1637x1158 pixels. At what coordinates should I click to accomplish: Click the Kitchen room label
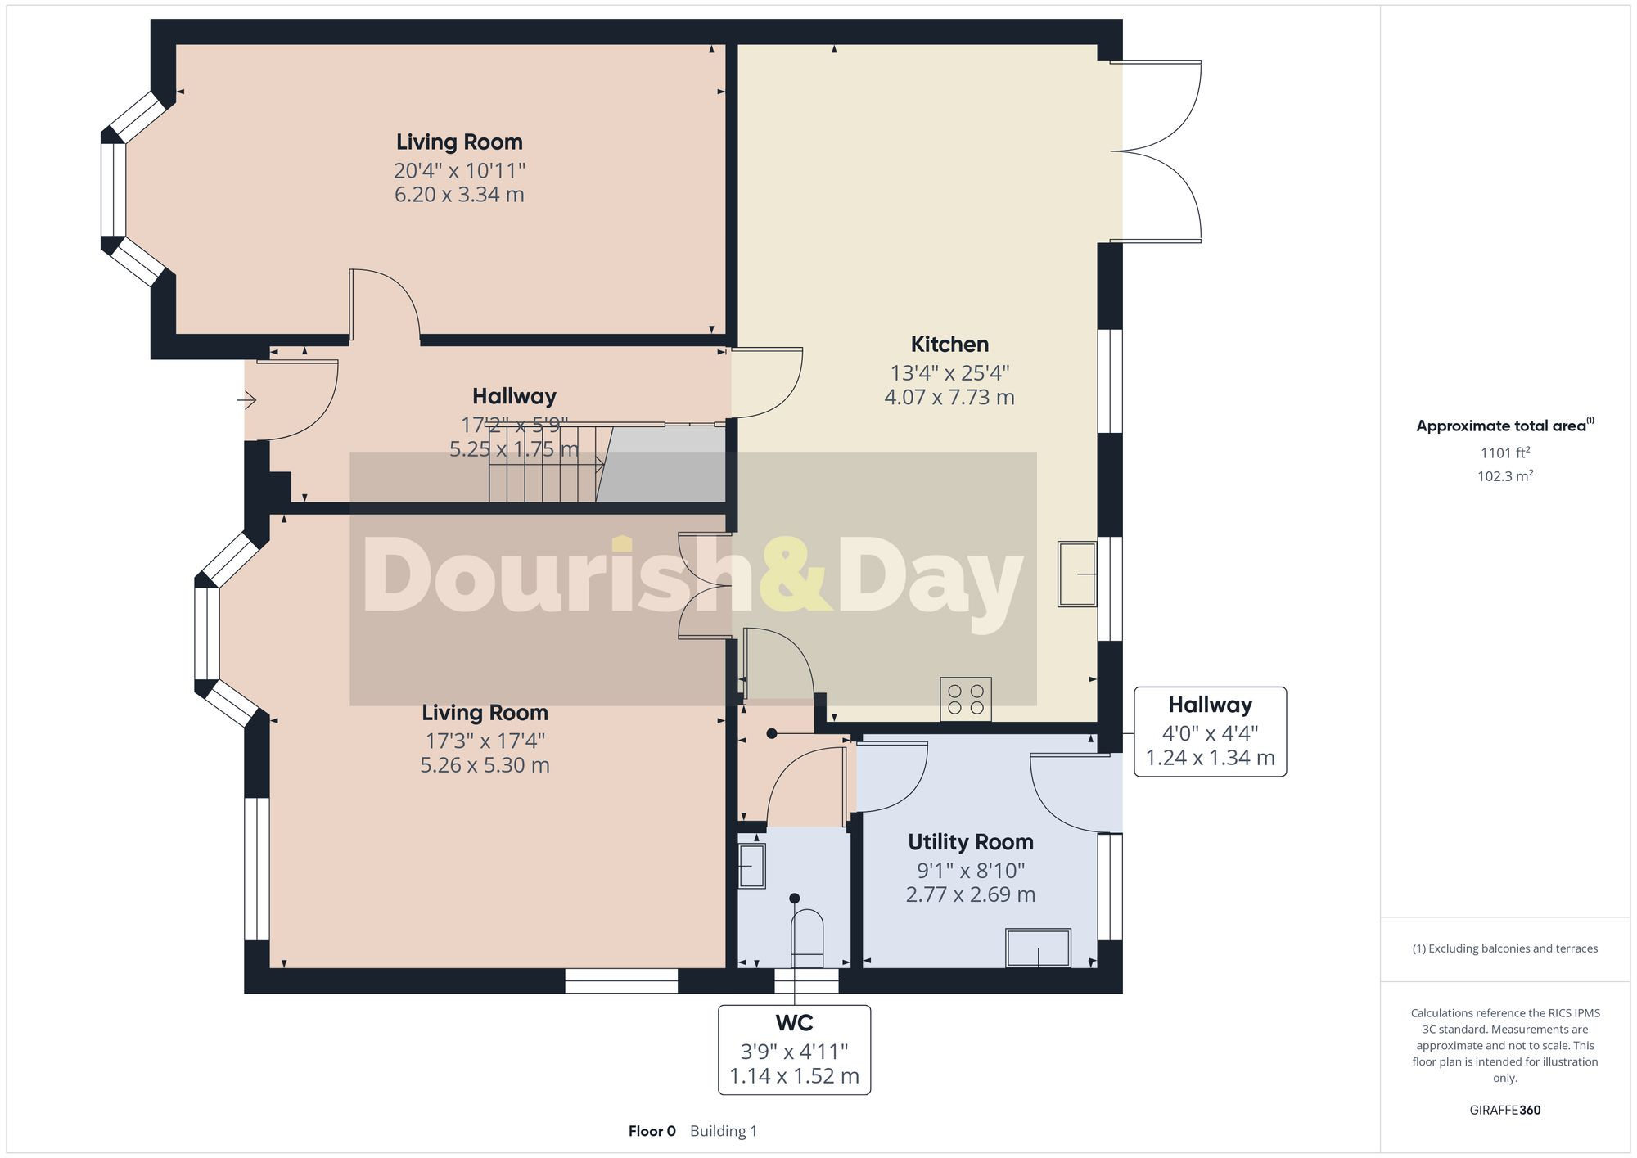949,345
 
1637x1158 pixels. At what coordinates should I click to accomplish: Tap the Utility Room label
970,842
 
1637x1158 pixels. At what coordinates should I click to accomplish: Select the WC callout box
794,1049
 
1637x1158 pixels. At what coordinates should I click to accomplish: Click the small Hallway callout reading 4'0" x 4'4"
1210,732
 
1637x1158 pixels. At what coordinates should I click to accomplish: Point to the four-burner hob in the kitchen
965,699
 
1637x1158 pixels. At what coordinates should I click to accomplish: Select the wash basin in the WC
751,866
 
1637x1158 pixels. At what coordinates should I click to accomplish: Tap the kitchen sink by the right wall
1077,574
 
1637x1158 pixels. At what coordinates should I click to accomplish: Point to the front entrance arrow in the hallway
246,400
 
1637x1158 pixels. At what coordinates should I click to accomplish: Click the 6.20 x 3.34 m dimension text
459,195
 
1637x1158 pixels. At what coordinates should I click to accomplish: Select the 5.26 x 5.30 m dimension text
485,765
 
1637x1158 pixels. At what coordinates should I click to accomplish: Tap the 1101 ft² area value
1504,453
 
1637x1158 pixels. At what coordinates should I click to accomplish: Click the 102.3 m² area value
1504,476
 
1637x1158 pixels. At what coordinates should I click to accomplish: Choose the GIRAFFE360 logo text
1504,1110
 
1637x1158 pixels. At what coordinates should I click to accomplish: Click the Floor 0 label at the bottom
652,1131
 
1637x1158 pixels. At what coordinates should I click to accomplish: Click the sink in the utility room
1038,948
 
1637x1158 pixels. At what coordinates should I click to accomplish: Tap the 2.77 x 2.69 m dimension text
970,894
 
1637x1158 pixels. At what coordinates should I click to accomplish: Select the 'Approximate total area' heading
1500,426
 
